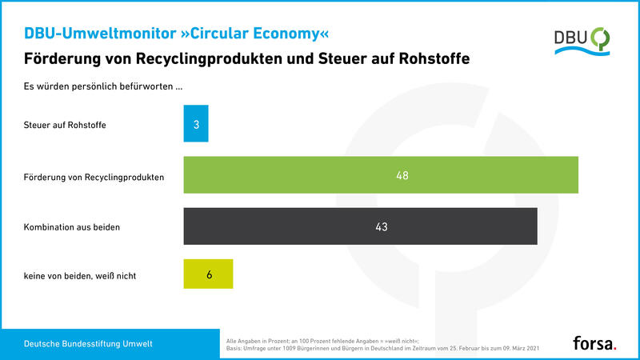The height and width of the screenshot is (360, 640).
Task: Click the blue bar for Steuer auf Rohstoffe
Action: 196,124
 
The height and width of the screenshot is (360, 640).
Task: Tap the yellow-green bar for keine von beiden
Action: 208,274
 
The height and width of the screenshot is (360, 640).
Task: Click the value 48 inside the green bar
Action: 402,175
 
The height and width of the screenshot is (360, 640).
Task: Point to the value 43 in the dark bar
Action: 381,227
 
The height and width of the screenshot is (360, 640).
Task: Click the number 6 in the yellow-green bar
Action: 209,274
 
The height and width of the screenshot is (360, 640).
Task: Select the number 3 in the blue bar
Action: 196,124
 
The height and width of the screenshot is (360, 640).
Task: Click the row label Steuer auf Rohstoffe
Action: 65,125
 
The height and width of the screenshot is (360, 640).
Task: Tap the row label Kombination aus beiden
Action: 72,227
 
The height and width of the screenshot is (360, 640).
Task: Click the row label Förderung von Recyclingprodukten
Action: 94,176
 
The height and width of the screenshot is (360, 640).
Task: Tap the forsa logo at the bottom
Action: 594,343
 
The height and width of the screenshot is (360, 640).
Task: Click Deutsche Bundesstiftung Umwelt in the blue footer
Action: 89,344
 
